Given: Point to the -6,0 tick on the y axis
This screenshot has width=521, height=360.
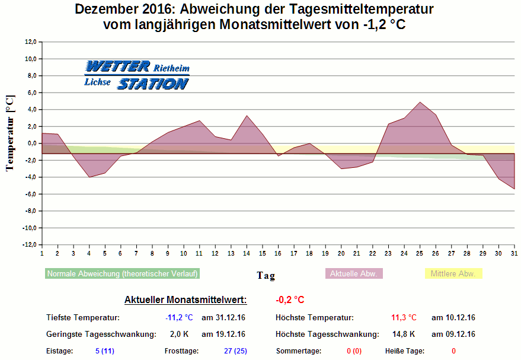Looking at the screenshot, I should [x=30, y=194].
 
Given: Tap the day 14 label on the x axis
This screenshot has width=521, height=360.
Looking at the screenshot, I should [x=246, y=253].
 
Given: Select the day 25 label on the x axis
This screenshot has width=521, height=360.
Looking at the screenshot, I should [x=420, y=253].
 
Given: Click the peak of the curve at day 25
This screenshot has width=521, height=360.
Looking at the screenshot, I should [x=420, y=102].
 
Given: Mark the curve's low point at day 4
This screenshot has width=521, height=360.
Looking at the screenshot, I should [x=89, y=177].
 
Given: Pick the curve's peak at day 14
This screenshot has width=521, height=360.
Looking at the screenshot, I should [x=247, y=116].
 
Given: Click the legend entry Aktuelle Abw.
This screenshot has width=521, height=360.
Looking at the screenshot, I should [x=354, y=273].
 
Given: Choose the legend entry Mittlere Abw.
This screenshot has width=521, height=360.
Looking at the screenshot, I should [x=453, y=273].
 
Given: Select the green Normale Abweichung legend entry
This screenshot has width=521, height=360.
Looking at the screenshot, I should [x=122, y=273].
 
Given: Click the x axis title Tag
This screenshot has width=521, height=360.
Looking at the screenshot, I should [x=266, y=275].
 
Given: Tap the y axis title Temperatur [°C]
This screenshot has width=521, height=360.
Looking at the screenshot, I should [x=9, y=133].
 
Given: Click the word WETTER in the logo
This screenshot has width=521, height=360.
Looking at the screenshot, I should [x=118, y=66].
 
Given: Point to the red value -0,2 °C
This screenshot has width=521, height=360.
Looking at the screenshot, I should [x=290, y=300].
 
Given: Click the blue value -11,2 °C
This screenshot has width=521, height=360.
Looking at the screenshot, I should [x=179, y=318].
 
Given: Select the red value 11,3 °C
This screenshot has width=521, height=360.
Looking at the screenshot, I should [x=404, y=318].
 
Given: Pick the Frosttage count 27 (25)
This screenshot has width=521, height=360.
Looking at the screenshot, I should [x=235, y=351].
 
